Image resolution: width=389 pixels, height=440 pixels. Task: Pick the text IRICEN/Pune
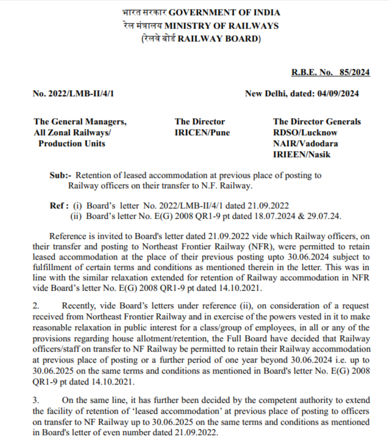[x=200, y=132]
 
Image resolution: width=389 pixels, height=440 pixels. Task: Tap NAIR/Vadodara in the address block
[x=305, y=143]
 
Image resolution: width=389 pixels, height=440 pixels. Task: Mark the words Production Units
[x=71, y=143]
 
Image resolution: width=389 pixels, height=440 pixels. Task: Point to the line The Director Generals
[x=316, y=122]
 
